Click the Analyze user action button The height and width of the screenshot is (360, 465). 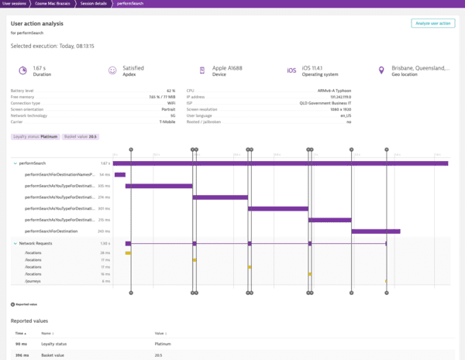433,23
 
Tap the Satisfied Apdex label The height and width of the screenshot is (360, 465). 134,67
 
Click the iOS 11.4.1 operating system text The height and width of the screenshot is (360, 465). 318,67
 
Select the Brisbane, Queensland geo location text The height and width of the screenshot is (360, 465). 420,67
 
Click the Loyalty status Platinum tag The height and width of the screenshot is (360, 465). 36,136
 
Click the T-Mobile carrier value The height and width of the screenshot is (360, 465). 167,122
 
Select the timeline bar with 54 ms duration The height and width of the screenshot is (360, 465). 119,175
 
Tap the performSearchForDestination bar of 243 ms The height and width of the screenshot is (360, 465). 375,231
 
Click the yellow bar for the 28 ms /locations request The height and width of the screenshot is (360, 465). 128,253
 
